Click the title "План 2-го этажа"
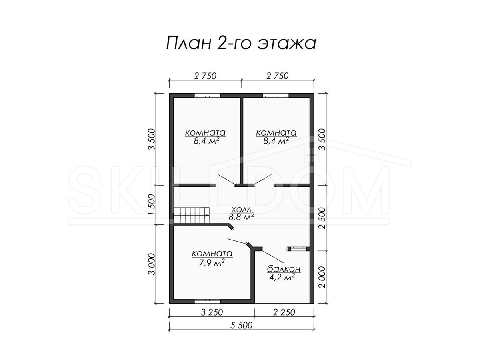(241, 43)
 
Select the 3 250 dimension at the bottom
(212, 312)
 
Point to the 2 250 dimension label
(284, 312)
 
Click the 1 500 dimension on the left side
(152, 204)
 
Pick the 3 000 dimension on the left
(152, 264)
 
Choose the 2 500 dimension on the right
(322, 218)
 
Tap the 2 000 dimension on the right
(322, 277)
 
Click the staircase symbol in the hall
(192, 215)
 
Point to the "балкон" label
(284, 269)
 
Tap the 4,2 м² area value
(282, 277)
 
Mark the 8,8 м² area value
(241, 217)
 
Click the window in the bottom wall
(207, 301)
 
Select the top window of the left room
(207, 95)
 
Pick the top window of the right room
(276, 95)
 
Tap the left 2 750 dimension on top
(205, 76)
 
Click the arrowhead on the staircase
(208, 216)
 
